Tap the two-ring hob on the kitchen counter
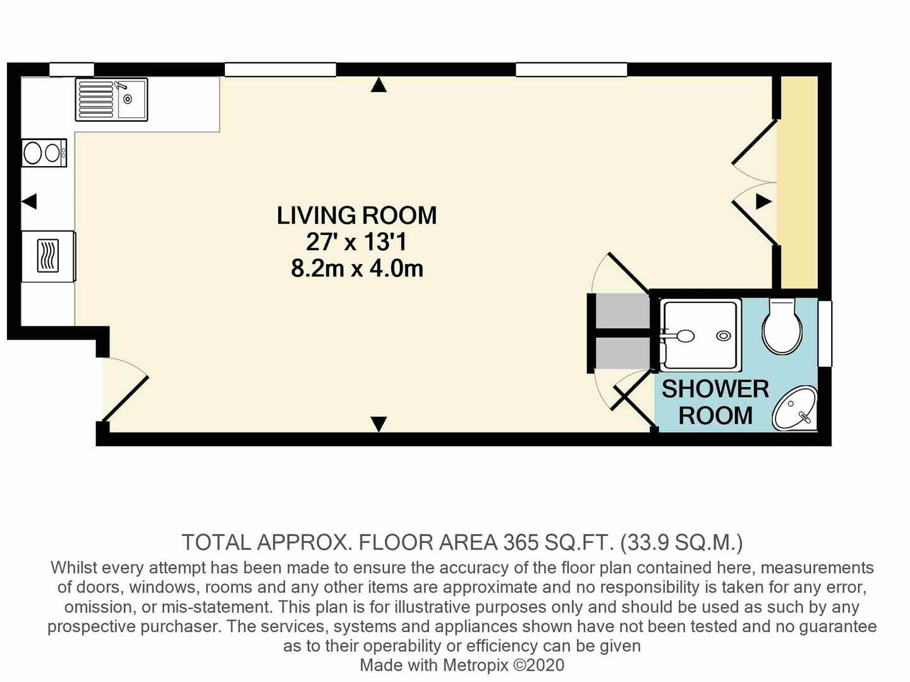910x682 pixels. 44,153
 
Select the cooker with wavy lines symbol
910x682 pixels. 49,256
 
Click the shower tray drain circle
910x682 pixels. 724,336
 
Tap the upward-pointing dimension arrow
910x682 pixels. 379,85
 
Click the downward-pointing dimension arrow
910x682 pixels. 379,424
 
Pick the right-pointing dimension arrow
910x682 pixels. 763,201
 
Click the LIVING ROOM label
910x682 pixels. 356,216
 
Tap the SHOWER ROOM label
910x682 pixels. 715,402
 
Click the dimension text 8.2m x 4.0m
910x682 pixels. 357,269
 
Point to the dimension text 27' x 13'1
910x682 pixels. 356,242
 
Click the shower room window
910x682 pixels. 825,334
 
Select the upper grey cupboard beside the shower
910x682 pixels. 622,311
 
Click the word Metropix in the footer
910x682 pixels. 475,665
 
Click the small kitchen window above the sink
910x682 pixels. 71,69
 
